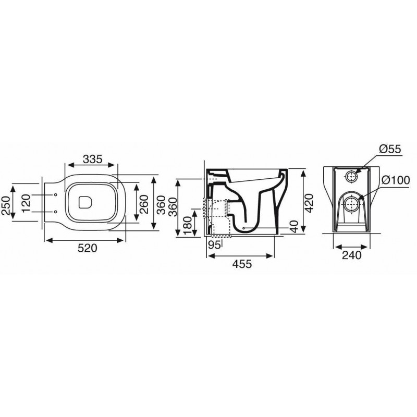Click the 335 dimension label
[93, 160]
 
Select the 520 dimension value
[88, 248]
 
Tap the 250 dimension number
[6, 205]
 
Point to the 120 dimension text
[26, 203]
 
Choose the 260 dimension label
[144, 204]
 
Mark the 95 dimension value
[214, 244]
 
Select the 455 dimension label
[242, 264]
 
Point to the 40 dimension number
[295, 227]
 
